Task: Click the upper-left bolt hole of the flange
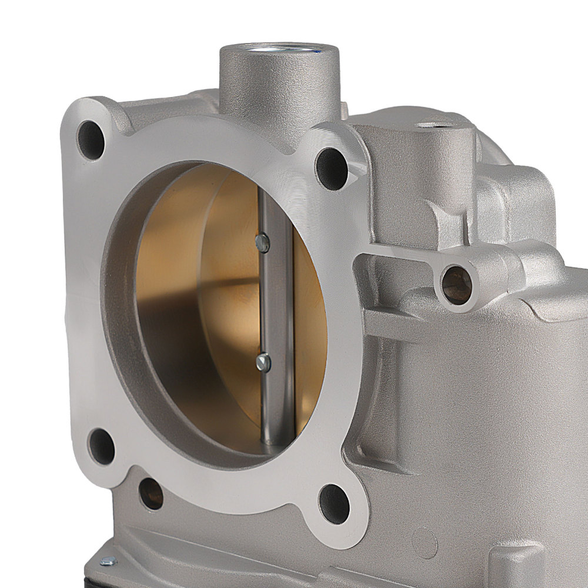(x=91, y=141)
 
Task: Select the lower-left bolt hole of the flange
(x=101, y=446)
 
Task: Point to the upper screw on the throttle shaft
(x=263, y=242)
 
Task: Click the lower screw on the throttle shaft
(x=263, y=362)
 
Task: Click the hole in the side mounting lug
(x=457, y=285)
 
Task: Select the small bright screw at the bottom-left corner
(x=108, y=561)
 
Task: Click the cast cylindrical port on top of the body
(x=279, y=88)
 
